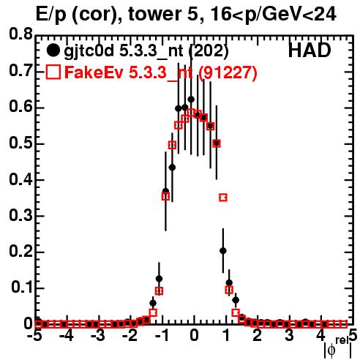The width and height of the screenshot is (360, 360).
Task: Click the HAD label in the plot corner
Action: click(x=310, y=50)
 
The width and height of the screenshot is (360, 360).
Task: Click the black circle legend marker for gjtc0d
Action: click(x=53, y=50)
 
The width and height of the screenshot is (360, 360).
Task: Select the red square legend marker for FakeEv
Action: click(x=53, y=72)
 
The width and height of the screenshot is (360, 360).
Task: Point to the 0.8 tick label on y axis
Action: click(x=20, y=34)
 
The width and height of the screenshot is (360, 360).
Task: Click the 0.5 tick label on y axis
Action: click(x=20, y=143)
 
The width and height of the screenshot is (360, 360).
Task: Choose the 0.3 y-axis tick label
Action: click(x=20, y=216)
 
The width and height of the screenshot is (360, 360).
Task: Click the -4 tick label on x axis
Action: click(x=67, y=336)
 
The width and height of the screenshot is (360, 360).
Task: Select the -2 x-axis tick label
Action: click(x=130, y=336)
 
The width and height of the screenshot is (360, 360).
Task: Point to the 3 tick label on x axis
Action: click(x=289, y=336)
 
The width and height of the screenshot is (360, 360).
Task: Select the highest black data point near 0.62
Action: click(x=191, y=100)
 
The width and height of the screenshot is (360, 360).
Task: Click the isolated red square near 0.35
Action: click(x=223, y=198)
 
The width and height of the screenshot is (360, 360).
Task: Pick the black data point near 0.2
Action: click(x=223, y=251)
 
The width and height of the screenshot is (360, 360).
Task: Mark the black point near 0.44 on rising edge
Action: click(x=172, y=168)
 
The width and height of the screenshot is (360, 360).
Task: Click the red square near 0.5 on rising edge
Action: click(x=172, y=145)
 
